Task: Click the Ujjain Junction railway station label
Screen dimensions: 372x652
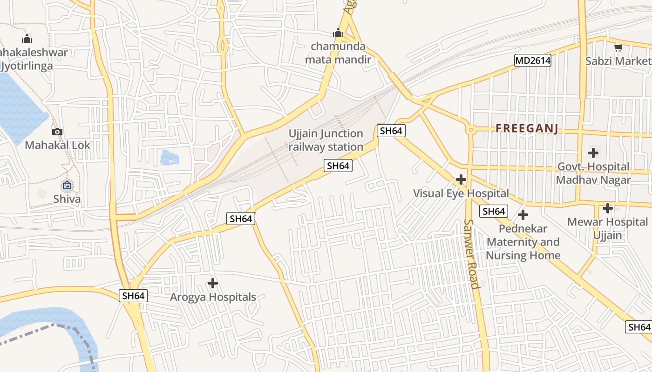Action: click(326, 140)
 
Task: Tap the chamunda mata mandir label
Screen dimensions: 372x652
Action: click(338, 53)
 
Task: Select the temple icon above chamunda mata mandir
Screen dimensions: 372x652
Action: click(338, 33)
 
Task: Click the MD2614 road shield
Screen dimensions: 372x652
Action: click(533, 60)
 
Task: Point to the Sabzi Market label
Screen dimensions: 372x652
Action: click(618, 61)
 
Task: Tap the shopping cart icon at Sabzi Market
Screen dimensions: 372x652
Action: click(618, 47)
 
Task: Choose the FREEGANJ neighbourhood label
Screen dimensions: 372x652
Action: click(527, 129)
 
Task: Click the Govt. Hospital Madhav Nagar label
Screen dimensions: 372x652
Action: click(593, 173)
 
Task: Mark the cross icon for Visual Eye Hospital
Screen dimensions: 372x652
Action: click(461, 179)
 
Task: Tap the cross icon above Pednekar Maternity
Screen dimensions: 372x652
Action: click(523, 215)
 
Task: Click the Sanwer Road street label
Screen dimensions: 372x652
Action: click(472, 254)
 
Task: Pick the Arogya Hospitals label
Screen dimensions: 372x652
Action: click(213, 297)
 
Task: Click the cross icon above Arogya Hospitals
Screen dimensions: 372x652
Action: click(213, 283)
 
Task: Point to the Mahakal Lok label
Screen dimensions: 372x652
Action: click(57, 145)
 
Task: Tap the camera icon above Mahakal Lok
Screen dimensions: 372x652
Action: click(57, 132)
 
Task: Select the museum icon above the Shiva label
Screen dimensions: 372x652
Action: click(67, 186)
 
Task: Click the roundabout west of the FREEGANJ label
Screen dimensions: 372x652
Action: click(470, 130)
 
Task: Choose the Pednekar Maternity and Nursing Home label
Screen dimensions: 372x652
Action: click(523, 242)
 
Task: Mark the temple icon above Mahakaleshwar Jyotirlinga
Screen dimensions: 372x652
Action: click(27, 39)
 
